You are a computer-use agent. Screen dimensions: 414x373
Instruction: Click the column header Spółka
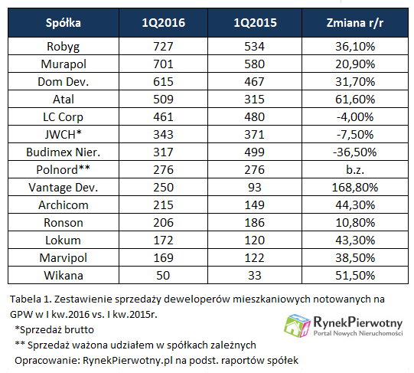64,23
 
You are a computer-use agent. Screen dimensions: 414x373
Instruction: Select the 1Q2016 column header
164,23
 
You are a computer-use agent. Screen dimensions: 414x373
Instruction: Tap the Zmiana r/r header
355,23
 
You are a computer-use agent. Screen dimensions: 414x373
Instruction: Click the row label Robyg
64,47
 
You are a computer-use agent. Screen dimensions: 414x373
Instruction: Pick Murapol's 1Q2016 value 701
163,64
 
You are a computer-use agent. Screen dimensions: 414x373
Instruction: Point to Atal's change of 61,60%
355,100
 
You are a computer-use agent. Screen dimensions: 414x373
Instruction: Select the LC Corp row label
64,117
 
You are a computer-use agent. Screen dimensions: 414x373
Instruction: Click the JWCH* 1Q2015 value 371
255,135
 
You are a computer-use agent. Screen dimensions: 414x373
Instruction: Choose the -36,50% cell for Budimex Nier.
355,152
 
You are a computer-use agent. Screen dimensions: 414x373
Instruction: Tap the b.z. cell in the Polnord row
355,170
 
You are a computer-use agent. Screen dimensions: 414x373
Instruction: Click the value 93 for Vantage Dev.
255,188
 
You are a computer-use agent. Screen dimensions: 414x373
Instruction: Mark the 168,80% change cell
355,188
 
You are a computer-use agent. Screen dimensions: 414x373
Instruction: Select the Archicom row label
64,205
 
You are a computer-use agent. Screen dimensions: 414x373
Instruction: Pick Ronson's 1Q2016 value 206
163,223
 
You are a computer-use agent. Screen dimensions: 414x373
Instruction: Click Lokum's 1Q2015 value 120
255,240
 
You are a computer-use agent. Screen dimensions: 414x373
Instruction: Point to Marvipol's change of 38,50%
355,258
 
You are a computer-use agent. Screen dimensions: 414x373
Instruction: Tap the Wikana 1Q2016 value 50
163,276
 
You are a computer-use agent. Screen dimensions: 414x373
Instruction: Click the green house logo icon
297,326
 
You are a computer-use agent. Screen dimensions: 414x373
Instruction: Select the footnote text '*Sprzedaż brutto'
54,329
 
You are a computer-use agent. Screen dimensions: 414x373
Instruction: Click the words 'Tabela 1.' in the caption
31,299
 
